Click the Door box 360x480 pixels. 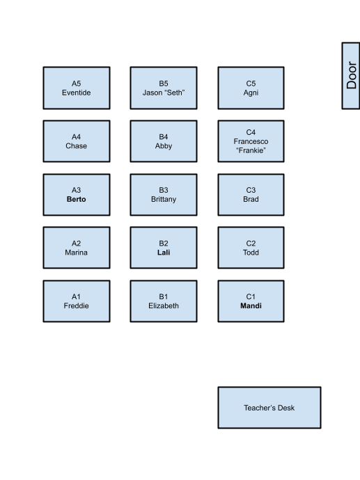[351, 76]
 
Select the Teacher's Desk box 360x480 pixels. [269, 408]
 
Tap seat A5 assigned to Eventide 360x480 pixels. [77, 88]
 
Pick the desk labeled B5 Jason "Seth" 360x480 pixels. [164, 88]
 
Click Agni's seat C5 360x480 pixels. [251, 88]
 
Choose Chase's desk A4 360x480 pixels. [77, 141]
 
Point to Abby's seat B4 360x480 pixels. [164, 141]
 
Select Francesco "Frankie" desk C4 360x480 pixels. [251, 141]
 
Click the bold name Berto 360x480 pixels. [77, 199]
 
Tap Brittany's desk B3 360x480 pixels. [164, 195]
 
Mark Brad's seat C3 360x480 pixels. [251, 195]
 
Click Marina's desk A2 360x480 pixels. [77, 248]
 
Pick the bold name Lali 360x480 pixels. [164, 253]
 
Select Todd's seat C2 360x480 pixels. [251, 248]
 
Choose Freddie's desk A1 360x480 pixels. [77, 301]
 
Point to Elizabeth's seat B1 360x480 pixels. [164, 301]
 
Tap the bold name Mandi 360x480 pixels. [251, 306]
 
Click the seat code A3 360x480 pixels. [77, 190]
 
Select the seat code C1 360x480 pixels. [251, 296]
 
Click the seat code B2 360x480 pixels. [164, 243]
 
